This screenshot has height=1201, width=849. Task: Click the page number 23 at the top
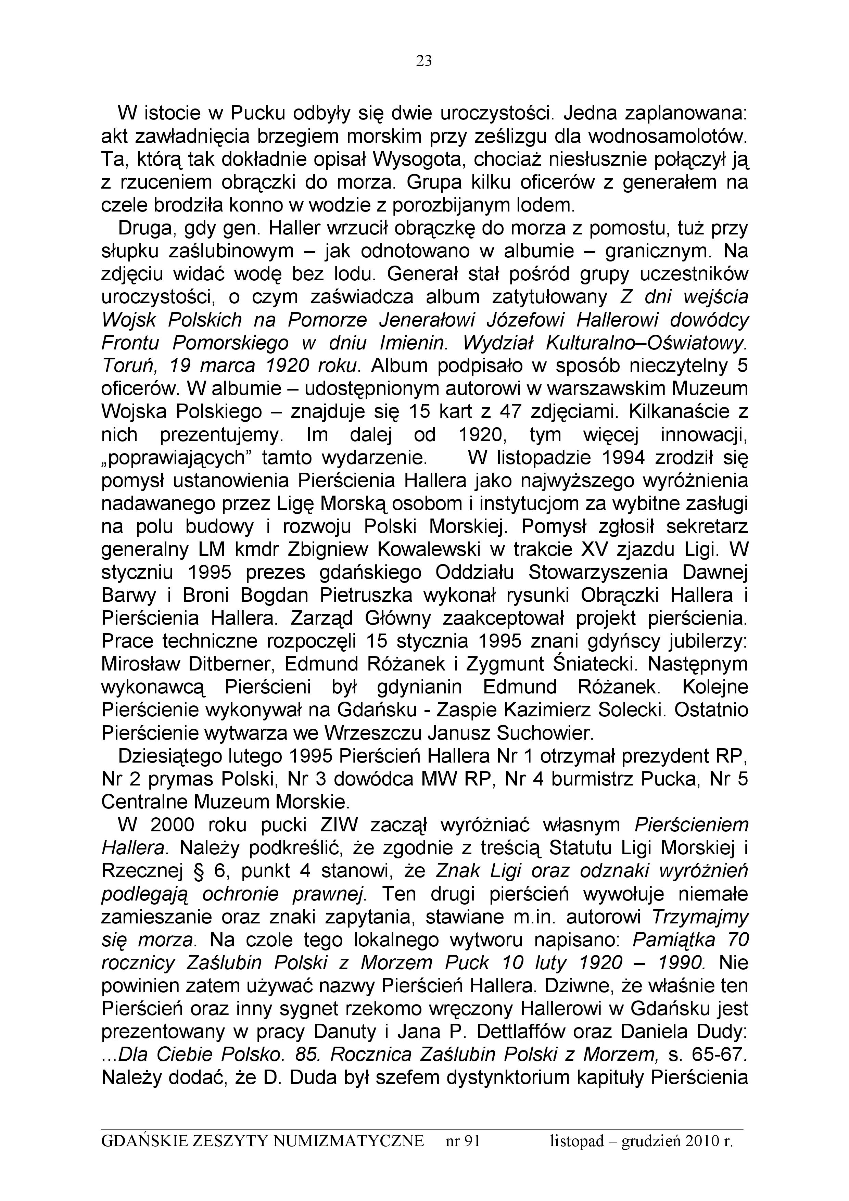424,62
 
